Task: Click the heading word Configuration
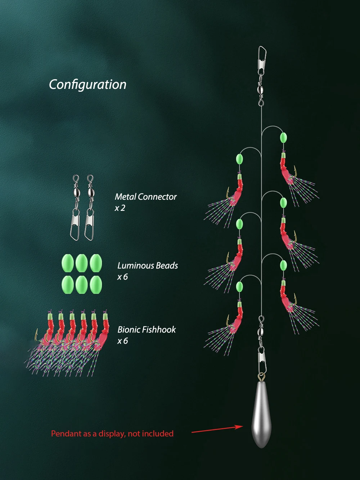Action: click(87, 85)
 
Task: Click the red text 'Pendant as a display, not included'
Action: click(112, 434)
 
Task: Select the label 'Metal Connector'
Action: click(146, 197)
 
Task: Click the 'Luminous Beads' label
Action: click(148, 266)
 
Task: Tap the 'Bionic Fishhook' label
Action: click(147, 330)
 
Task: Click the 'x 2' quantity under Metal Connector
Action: click(120, 208)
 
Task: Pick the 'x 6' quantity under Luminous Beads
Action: click(122, 277)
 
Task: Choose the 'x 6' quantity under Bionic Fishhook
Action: click(122, 341)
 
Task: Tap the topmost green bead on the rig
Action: click(283, 137)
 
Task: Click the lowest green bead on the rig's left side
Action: click(239, 286)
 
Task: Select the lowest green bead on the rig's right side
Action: click(284, 265)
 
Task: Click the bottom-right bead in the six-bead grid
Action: click(96, 285)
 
